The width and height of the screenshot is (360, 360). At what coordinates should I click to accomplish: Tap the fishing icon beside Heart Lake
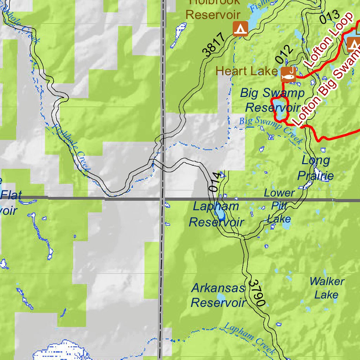288,75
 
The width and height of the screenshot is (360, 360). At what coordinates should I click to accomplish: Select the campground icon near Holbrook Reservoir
240,28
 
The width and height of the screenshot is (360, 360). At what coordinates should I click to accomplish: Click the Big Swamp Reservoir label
272,100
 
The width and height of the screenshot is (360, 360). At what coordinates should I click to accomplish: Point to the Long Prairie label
316,168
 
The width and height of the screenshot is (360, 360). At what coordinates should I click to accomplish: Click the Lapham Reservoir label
216,214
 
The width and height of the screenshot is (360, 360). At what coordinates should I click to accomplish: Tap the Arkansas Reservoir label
218,295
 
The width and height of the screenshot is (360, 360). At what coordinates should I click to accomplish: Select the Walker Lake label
327,288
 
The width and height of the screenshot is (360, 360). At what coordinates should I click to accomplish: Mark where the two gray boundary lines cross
162,199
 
